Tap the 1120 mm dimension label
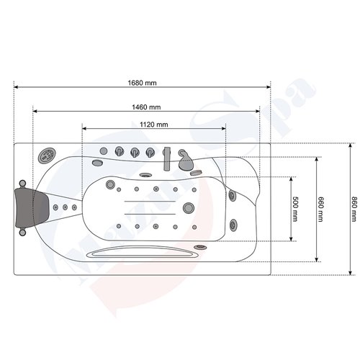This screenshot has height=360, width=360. coord(153,124)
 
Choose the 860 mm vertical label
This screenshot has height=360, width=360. coord(354,209)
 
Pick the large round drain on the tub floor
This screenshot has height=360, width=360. coord(189,210)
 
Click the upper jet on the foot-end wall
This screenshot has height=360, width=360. coord(231,194)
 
